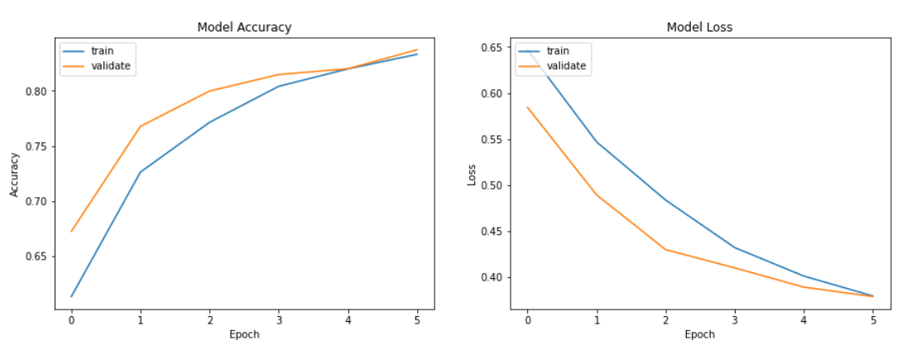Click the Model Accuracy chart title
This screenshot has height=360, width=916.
tap(244, 27)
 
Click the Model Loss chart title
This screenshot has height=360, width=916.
tap(699, 27)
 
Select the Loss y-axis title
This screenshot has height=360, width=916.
tap(471, 174)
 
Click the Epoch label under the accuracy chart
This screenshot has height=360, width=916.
tap(244, 335)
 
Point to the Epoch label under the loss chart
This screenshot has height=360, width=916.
tap(699, 335)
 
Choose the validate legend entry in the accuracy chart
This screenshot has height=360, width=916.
tap(110, 66)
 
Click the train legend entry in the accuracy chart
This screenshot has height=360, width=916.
tap(102, 50)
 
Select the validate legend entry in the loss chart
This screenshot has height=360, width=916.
tap(566, 66)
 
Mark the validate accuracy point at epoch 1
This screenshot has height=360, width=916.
tap(141, 127)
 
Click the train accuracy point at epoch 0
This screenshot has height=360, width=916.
tap(72, 296)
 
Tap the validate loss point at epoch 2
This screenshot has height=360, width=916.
tap(665, 249)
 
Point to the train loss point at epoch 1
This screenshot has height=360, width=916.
tap(596, 142)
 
